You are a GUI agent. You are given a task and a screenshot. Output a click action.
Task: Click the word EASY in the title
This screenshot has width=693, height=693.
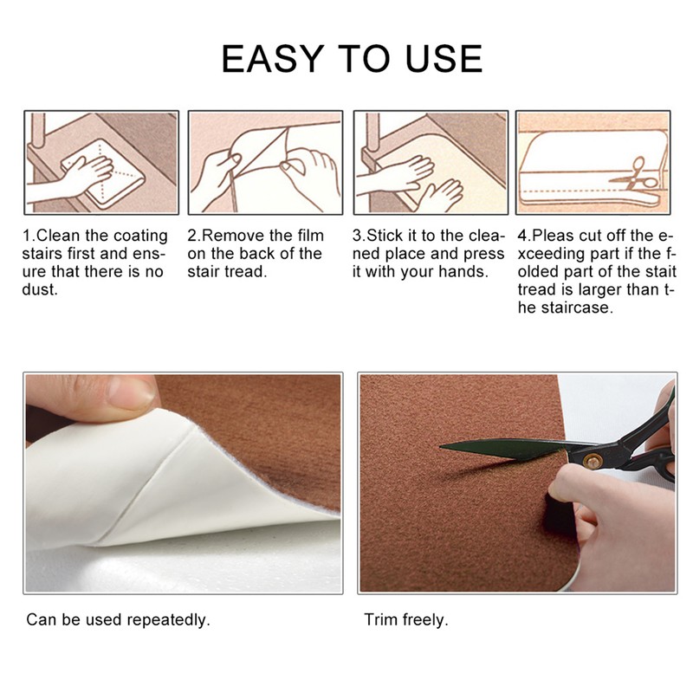click(x=273, y=58)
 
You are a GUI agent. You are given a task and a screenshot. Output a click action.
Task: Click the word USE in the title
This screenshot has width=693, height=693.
click(x=444, y=58)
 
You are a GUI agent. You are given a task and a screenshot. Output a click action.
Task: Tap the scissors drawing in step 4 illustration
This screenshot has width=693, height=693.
click(x=634, y=176)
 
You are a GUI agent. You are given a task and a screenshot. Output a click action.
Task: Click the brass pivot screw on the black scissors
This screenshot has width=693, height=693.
click(x=592, y=462)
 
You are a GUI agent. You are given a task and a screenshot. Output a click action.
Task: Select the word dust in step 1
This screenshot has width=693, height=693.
click(x=40, y=290)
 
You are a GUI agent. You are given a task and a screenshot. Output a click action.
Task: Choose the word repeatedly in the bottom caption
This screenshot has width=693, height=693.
click(x=168, y=620)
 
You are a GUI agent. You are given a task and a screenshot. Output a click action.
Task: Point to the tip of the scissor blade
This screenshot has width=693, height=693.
click(x=440, y=447)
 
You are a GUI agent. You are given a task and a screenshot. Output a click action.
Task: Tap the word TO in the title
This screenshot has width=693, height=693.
click(x=364, y=58)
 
